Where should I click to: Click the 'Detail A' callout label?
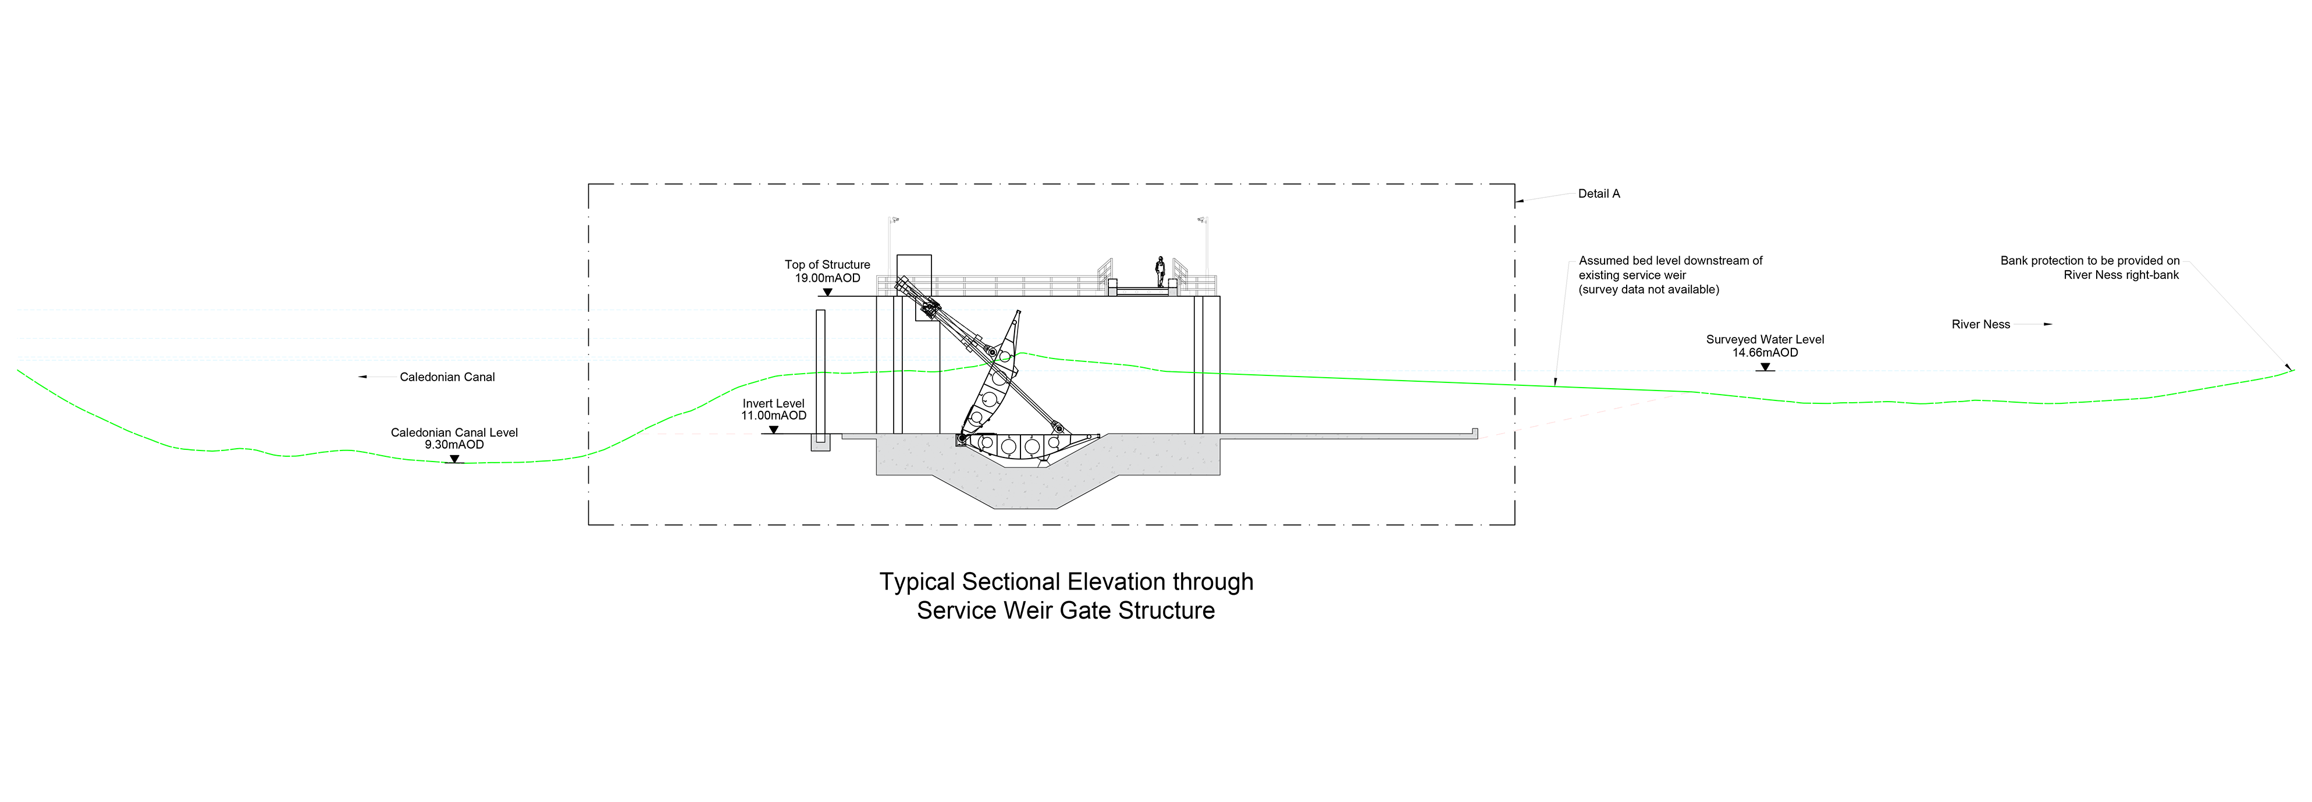tap(1599, 194)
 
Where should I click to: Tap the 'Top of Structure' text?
tap(827, 265)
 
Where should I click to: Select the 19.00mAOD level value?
tap(827, 278)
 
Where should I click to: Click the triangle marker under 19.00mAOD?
tap(827, 292)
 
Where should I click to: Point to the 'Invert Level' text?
tap(773, 404)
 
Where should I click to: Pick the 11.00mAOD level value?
tap(773, 416)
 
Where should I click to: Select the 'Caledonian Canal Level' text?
tap(454, 433)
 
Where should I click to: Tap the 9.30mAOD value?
tap(454, 445)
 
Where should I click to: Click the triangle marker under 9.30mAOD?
tap(455, 459)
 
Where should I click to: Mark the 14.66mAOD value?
tap(1765, 353)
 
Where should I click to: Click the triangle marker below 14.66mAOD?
tap(1765, 367)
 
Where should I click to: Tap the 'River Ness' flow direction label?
tap(1980, 324)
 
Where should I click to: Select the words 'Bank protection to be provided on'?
tap(2089, 261)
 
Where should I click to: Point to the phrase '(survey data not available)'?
tap(1649, 290)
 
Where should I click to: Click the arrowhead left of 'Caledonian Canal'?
tap(362, 377)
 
